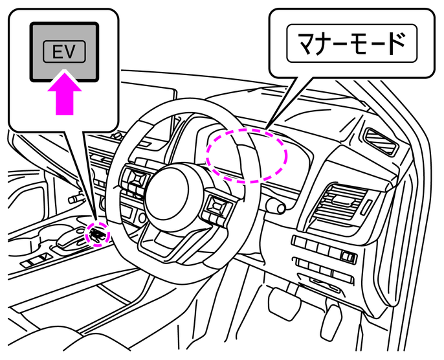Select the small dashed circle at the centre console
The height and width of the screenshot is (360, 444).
(96, 233)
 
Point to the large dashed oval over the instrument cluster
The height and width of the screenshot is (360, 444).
(246, 155)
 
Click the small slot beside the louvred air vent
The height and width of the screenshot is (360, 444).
(366, 208)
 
